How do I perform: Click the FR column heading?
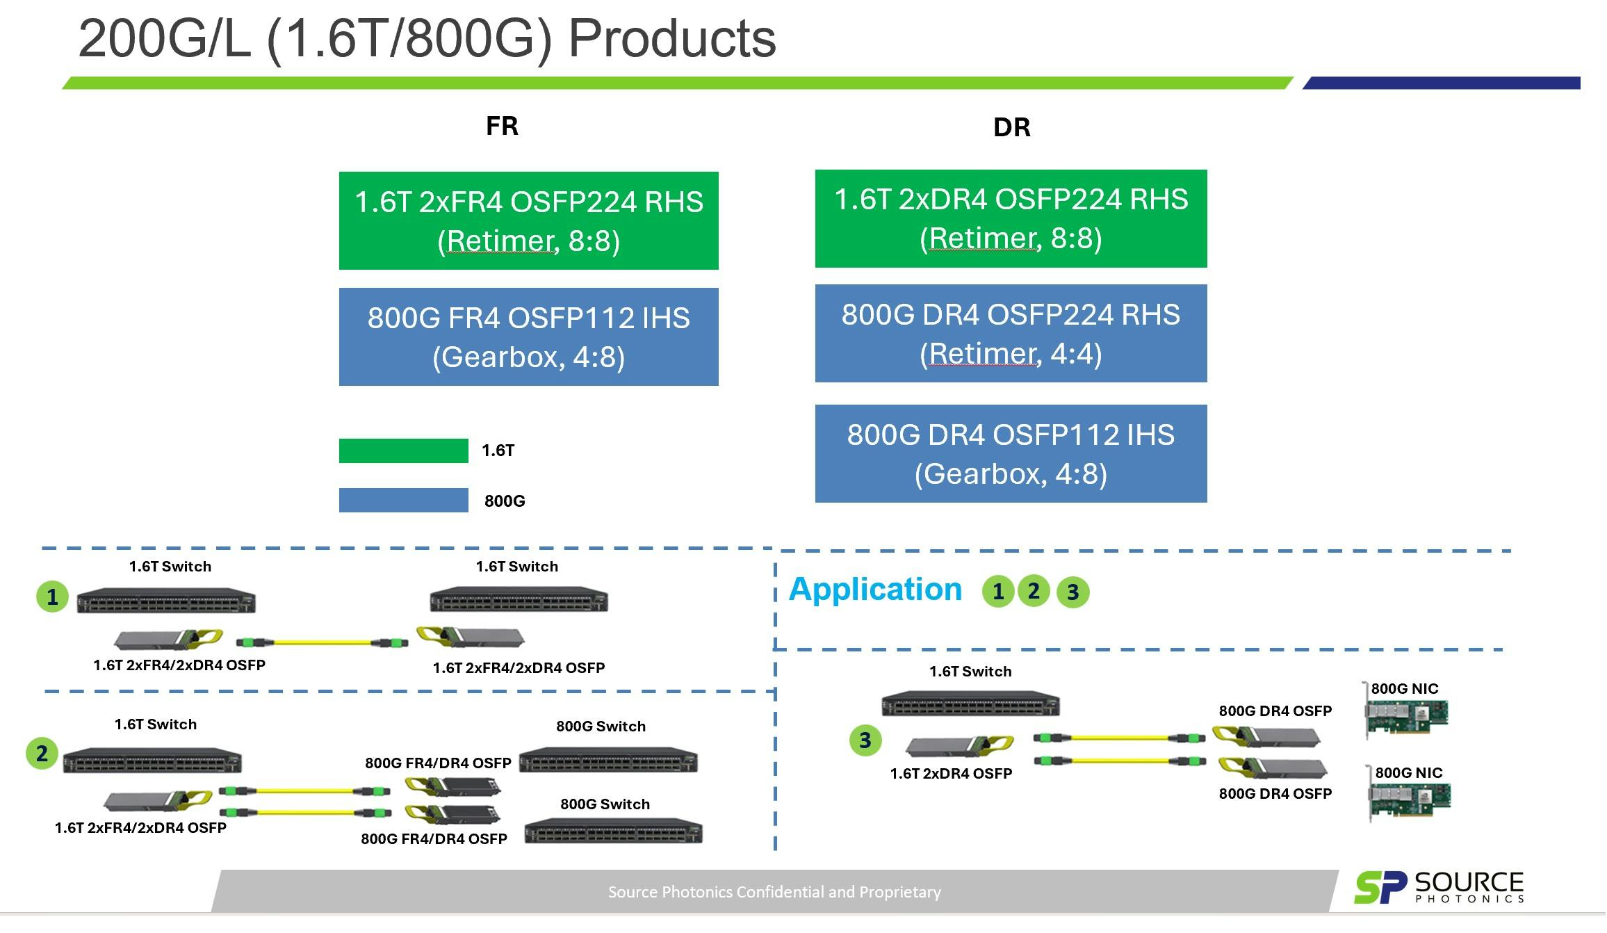(502, 126)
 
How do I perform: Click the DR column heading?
(1011, 127)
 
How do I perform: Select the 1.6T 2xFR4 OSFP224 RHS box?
(528, 220)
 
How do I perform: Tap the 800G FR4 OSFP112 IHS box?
(528, 336)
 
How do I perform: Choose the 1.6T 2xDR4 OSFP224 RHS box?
(1011, 218)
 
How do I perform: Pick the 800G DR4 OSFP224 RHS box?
(1011, 333)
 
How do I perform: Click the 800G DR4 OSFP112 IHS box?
(1011, 453)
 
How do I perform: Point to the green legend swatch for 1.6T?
(403, 451)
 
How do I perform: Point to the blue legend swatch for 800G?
(403, 500)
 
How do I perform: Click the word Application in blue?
(875, 590)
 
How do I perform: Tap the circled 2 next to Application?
(1034, 591)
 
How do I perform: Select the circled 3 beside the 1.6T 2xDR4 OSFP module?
(865, 740)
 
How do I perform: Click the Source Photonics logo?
(1438, 887)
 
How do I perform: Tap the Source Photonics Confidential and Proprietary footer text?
(774, 892)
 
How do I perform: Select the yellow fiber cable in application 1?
(322, 642)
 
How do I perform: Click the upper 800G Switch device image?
(607, 760)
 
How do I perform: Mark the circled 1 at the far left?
(52, 597)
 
